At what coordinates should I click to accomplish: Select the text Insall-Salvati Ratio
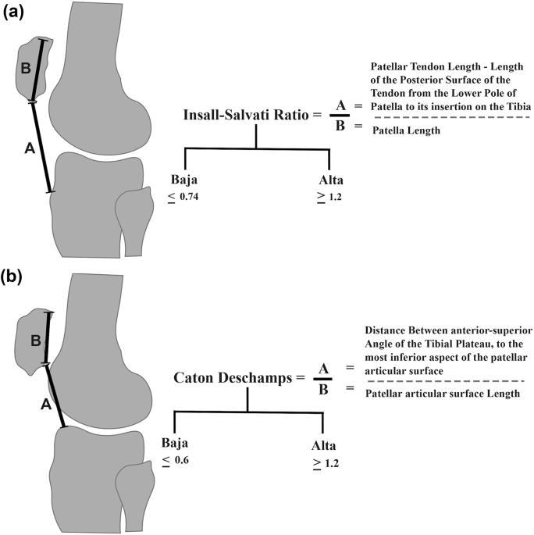click(x=246, y=115)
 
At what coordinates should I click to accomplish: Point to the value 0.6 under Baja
click(x=180, y=460)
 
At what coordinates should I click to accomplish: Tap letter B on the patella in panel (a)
click(x=26, y=69)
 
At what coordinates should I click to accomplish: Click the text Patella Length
click(x=405, y=131)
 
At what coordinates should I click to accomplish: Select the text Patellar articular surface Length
click(x=443, y=394)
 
